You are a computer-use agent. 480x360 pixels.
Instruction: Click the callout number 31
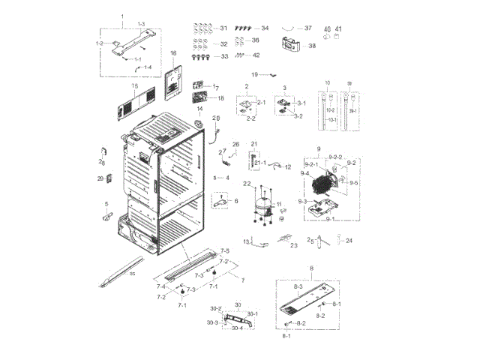point(223,28)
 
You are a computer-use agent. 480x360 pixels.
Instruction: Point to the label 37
point(307,28)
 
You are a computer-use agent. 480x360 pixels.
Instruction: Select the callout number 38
point(312,46)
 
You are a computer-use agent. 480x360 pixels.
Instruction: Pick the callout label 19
point(254,74)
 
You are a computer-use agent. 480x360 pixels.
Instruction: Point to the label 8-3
point(297,287)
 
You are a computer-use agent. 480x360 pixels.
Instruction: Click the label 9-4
point(305,173)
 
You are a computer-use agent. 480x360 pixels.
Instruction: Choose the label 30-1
point(252,313)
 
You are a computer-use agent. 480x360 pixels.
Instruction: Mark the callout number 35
point(133,274)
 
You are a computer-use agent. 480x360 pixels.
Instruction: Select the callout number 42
point(256,55)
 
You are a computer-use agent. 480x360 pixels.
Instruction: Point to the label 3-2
point(297,116)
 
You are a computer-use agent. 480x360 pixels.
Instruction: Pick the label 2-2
point(251,118)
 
